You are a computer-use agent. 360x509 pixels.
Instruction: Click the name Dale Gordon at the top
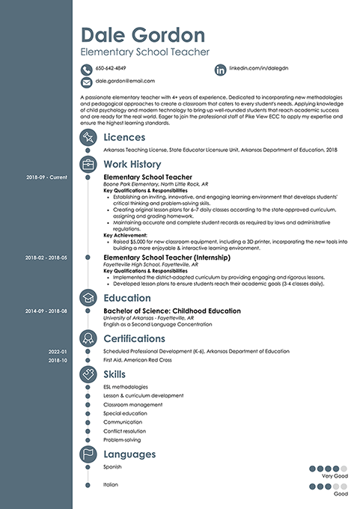142,34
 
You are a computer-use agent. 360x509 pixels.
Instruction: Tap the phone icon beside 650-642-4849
86,69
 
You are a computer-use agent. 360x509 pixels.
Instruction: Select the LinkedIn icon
220,69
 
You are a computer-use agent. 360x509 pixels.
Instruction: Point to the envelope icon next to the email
86,81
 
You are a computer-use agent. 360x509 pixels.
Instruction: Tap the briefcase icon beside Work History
88,164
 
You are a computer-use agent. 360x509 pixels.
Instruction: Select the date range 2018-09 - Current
46,178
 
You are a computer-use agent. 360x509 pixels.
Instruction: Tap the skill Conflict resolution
125,431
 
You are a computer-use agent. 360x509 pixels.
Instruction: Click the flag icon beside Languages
88,454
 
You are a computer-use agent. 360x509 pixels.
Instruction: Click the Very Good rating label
335,476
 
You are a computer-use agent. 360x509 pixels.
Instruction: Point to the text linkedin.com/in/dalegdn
257,69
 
